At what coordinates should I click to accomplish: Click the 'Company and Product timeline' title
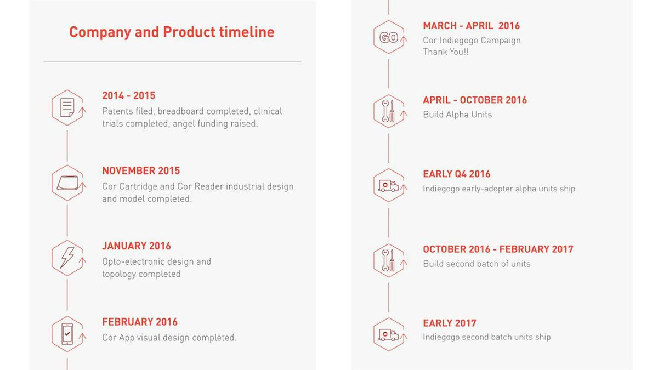(172, 32)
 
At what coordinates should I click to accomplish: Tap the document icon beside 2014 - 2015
(67, 108)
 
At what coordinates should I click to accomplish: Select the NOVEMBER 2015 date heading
(141, 171)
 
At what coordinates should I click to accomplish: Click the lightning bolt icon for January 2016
(67, 258)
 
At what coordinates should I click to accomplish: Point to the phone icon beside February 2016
(67, 334)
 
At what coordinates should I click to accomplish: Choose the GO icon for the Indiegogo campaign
(389, 38)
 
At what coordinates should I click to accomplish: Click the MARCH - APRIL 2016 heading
(472, 26)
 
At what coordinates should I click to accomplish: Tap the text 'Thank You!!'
(446, 52)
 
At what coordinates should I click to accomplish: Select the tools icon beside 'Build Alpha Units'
(388, 111)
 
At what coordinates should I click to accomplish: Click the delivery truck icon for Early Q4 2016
(388, 186)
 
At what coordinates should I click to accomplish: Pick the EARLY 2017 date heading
(450, 323)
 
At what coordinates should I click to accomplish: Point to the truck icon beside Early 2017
(388, 335)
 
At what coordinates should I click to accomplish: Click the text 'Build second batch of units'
(477, 264)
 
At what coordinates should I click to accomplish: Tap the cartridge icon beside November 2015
(67, 183)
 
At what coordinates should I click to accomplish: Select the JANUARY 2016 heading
(137, 246)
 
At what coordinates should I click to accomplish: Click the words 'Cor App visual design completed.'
(169, 338)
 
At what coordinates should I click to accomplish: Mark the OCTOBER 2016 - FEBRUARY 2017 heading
(498, 249)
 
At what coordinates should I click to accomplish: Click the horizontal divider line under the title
(172, 62)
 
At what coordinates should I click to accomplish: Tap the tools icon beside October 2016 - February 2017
(388, 260)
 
